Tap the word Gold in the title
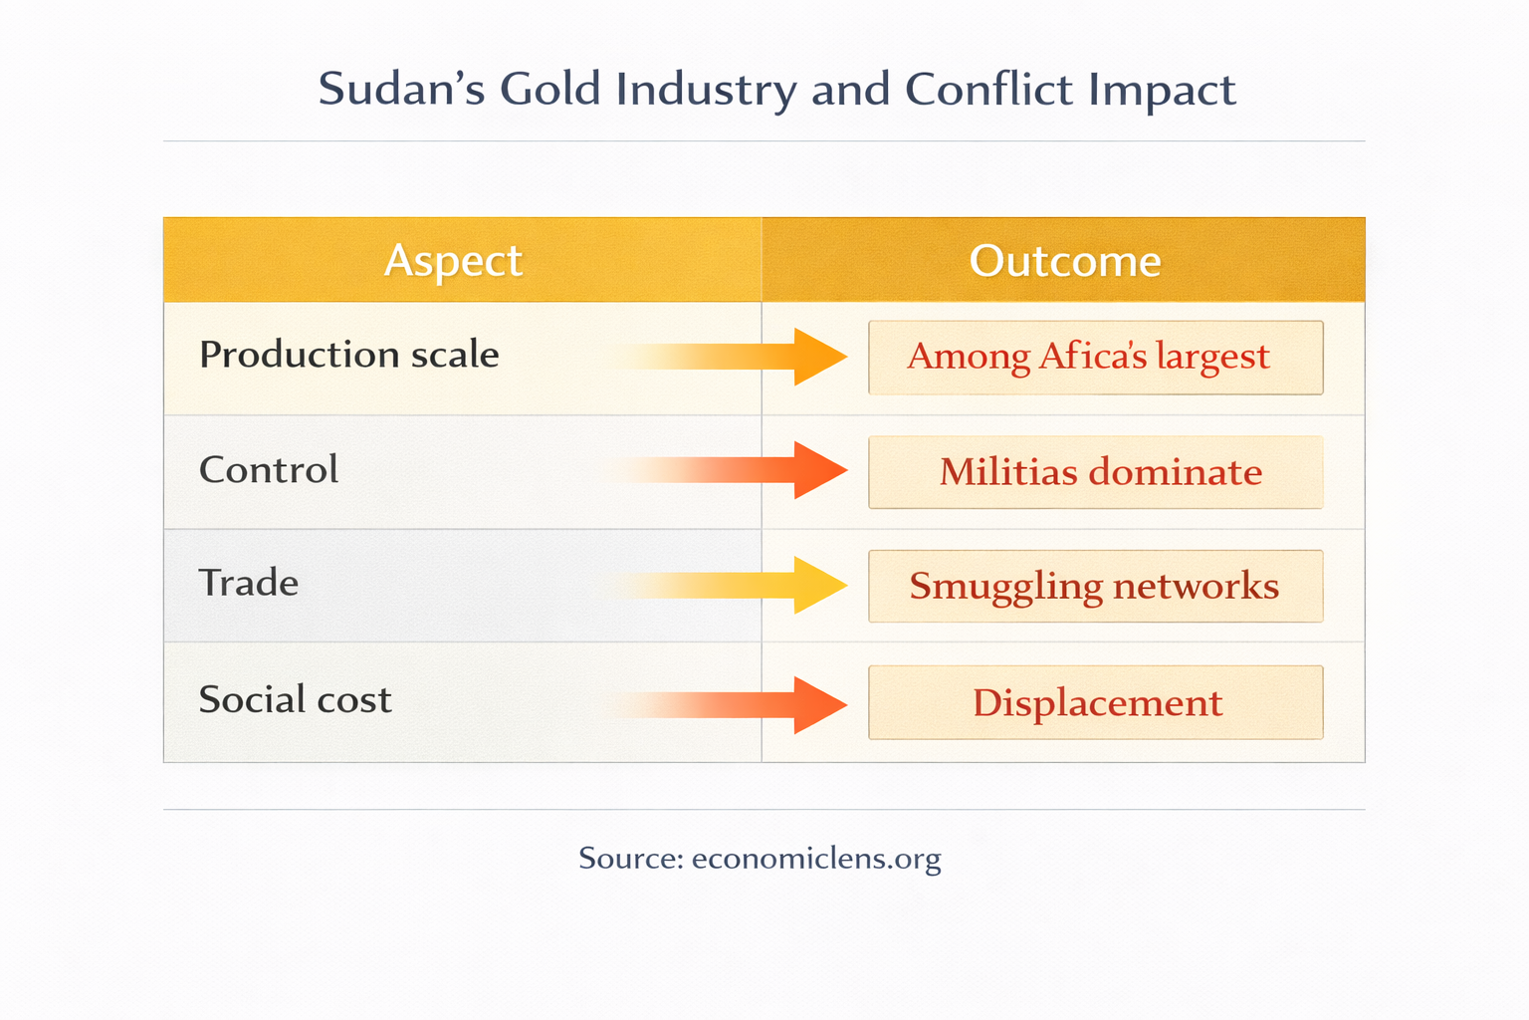pyautogui.click(x=549, y=90)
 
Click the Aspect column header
pyautogui.click(x=453, y=261)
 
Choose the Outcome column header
pyautogui.click(x=1064, y=261)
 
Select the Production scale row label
pyautogui.click(x=348, y=355)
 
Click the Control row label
pyautogui.click(x=269, y=470)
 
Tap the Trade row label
pyautogui.click(x=248, y=584)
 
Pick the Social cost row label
pyautogui.click(x=295, y=699)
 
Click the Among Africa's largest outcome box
pyautogui.click(x=1095, y=358)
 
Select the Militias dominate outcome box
pyautogui.click(x=1095, y=472)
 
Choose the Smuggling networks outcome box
pyautogui.click(x=1095, y=587)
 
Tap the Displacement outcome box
pyautogui.click(x=1095, y=703)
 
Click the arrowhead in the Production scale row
pyautogui.click(x=818, y=357)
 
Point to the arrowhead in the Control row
pyautogui.click(x=818, y=470)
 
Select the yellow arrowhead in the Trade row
pyautogui.click(x=818, y=586)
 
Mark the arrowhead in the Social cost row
pyautogui.click(x=818, y=705)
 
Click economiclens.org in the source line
pyautogui.click(x=815, y=859)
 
